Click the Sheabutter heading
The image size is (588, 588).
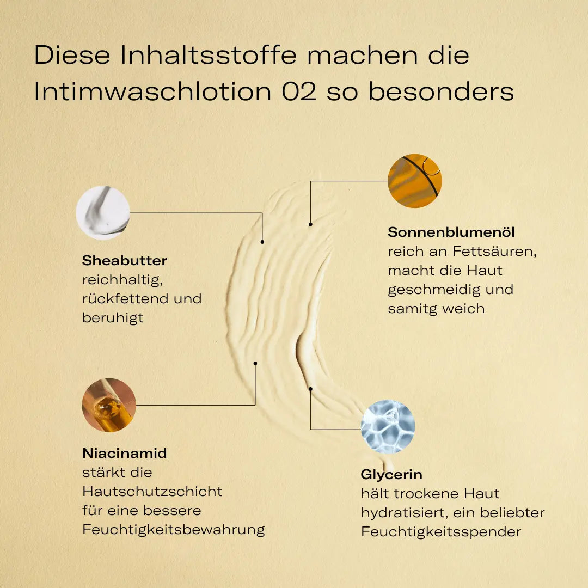[125, 260]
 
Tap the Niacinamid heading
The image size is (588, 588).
[125, 453]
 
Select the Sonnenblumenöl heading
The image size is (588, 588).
[451, 232]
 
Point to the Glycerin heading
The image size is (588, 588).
[391, 475]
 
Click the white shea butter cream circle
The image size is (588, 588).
[103, 213]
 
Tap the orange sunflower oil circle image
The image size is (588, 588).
[415, 181]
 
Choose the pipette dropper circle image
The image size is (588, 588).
[109, 405]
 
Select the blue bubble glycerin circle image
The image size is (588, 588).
[388, 427]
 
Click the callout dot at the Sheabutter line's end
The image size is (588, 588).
[262, 242]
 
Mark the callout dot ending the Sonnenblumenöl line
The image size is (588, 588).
[310, 224]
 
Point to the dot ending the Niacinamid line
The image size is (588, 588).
[255, 363]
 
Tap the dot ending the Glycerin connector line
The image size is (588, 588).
[310, 389]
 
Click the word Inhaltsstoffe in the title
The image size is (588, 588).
[209, 55]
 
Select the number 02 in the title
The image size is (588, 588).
[299, 91]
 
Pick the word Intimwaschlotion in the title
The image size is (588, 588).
[152, 91]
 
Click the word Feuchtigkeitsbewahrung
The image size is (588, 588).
[174, 530]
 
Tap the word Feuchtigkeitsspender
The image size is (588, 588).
[441, 532]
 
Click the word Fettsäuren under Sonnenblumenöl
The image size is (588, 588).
[494, 251]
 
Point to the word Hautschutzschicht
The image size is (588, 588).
[152, 491]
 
